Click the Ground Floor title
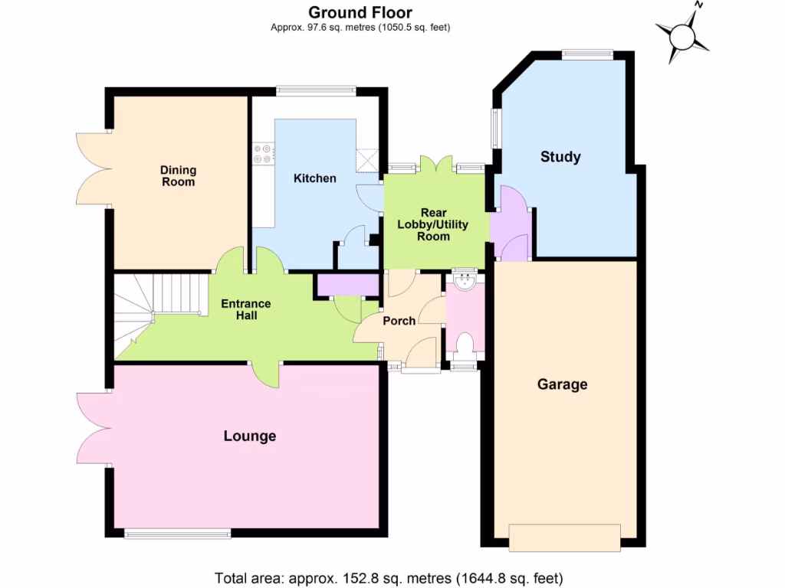(360, 12)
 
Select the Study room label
(560, 157)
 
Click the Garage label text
(562, 384)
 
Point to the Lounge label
(249, 436)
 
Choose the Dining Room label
(178, 175)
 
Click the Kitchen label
(315, 178)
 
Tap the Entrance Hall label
(245, 309)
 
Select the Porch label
(399, 321)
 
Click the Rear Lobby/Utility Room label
(433, 224)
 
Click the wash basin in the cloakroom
(465, 282)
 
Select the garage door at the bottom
(564, 537)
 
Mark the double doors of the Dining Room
(93, 168)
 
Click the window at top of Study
(587, 54)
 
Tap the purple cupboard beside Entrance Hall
(348, 285)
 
